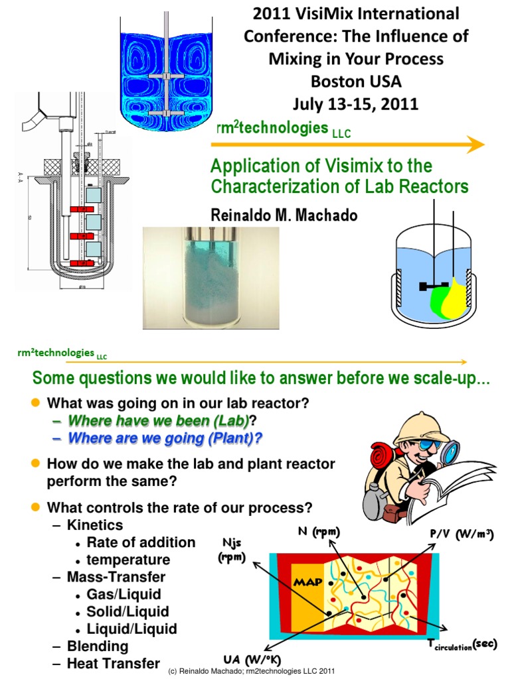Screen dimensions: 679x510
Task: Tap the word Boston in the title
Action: tap(333, 82)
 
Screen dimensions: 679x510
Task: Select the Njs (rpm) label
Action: tap(230, 550)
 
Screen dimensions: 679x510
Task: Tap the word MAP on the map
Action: tap(308, 582)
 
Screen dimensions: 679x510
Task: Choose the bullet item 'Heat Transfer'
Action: tap(113, 663)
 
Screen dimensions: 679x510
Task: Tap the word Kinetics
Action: tap(95, 525)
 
